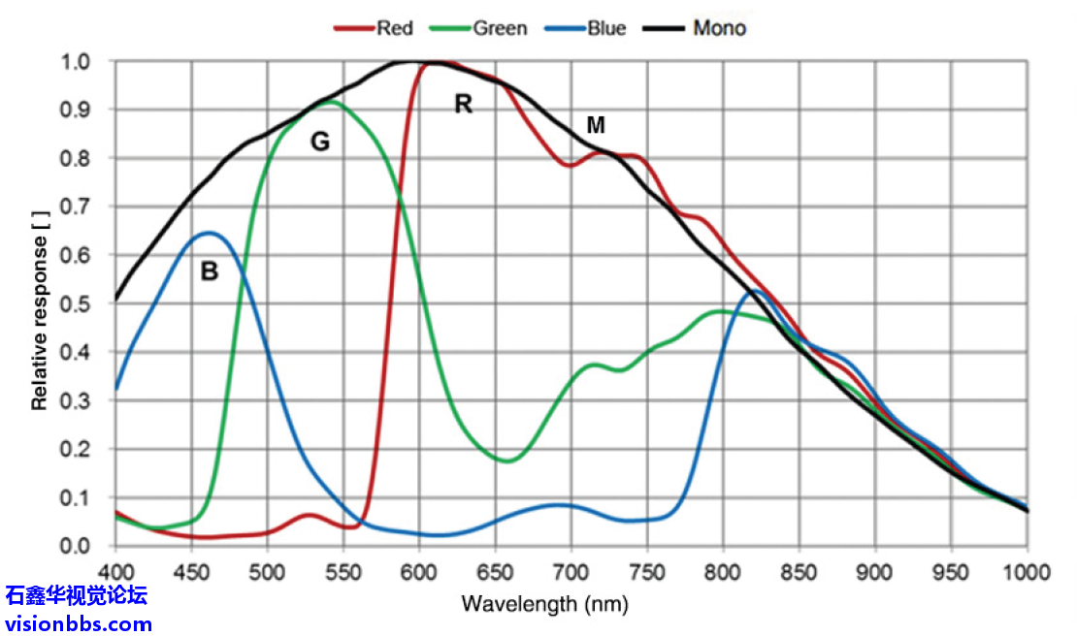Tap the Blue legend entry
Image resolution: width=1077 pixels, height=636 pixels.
tap(593, 28)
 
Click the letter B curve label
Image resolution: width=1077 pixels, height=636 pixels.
tap(209, 272)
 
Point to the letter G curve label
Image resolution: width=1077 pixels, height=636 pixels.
tap(319, 143)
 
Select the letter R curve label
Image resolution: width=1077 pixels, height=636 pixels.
tap(464, 105)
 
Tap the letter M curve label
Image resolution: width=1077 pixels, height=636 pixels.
tap(596, 125)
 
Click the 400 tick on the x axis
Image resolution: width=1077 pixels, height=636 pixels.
tap(115, 571)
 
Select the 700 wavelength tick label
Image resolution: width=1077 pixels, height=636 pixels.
tap(571, 571)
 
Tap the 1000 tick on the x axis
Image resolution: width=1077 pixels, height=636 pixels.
tap(1027, 571)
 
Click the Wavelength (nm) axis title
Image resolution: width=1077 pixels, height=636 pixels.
tap(544, 605)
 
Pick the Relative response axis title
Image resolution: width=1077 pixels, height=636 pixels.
tap(40, 303)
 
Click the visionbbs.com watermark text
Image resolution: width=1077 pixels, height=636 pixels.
tap(79, 623)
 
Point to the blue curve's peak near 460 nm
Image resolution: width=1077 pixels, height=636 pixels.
tap(208, 233)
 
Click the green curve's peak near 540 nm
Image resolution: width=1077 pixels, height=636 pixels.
tap(332, 101)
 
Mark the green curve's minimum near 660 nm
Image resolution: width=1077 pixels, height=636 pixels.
tap(509, 461)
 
